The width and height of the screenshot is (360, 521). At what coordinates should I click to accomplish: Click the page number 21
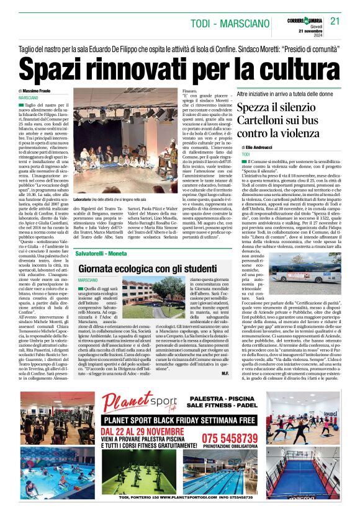coord(336,21)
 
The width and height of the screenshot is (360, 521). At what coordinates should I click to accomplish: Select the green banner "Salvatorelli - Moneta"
coord(102,255)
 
